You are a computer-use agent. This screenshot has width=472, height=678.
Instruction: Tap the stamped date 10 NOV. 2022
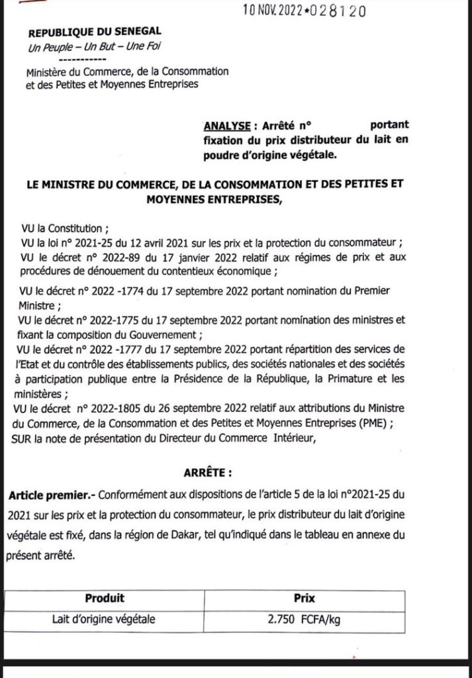(x=275, y=11)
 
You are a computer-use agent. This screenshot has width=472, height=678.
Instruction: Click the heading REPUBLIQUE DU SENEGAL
(x=94, y=32)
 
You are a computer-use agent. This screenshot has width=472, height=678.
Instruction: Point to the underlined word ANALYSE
(x=228, y=125)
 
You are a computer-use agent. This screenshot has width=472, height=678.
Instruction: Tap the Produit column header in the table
(x=105, y=599)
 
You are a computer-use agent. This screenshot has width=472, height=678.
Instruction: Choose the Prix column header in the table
(x=304, y=599)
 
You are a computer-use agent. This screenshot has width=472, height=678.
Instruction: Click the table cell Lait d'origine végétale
(x=105, y=620)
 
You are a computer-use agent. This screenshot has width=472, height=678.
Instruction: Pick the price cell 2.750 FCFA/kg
(x=304, y=620)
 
